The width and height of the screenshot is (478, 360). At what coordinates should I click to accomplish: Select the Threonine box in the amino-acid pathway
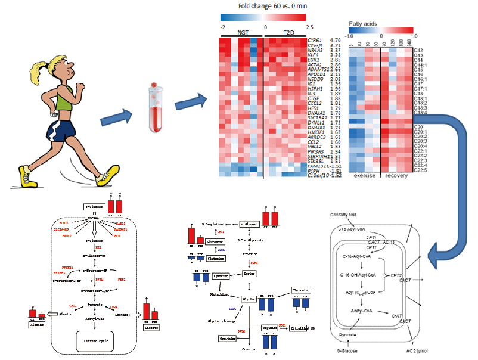point(300,290)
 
